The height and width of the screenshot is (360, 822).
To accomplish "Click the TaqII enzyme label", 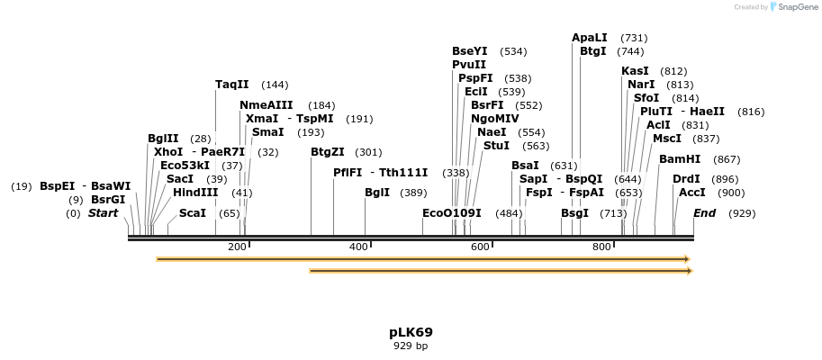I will [x=232, y=85].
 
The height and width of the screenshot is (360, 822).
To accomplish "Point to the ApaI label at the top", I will [x=590, y=38].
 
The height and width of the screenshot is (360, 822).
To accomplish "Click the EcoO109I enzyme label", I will [x=452, y=213].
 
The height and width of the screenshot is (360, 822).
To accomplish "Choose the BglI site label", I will [x=377, y=193].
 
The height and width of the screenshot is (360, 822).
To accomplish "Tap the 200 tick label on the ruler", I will [x=237, y=247].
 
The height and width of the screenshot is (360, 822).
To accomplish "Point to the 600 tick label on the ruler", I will [x=480, y=247].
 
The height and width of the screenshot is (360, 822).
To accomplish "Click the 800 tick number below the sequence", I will [x=601, y=247].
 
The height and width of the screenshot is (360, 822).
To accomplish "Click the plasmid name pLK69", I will [x=411, y=332].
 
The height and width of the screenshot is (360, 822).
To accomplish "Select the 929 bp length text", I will [x=411, y=346].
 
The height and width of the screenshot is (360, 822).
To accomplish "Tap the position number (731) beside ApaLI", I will [x=634, y=38].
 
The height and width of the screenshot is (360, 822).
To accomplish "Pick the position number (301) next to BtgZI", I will [x=368, y=152].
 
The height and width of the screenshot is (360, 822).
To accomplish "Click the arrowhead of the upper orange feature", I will [x=687, y=259].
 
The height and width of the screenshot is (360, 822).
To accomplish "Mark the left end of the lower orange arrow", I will [x=311, y=270].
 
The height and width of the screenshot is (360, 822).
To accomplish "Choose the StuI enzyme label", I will [x=496, y=146].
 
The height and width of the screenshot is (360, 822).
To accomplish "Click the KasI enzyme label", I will [x=635, y=71].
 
